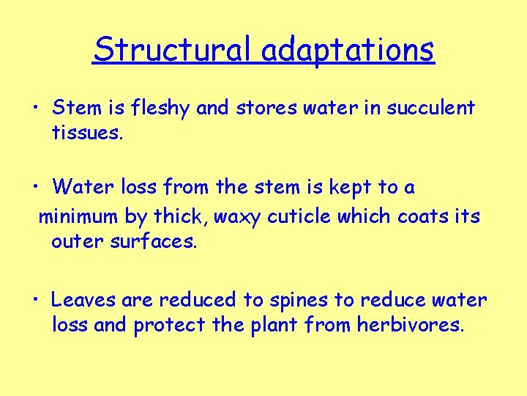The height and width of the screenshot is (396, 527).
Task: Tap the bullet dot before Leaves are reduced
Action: (35, 301)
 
